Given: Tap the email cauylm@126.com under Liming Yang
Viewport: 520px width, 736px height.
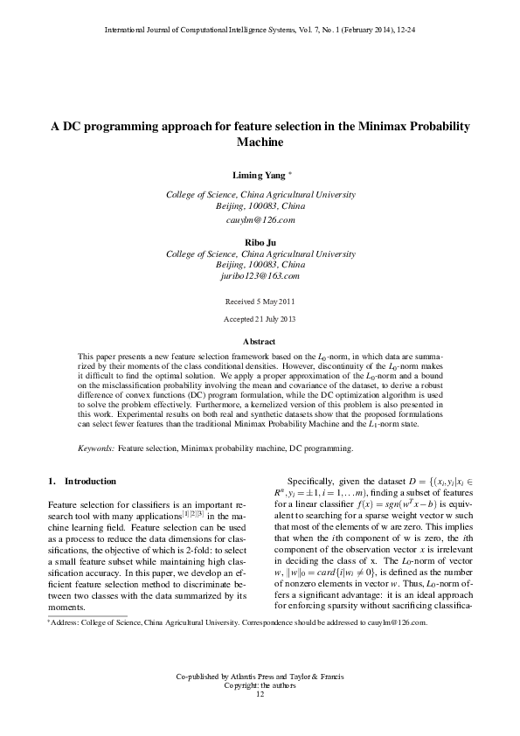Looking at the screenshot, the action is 260,220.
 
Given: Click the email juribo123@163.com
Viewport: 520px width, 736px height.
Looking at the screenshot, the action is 260,275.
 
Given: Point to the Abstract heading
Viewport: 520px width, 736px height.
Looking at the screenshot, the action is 260,341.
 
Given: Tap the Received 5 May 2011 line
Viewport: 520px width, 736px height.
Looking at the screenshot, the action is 260,301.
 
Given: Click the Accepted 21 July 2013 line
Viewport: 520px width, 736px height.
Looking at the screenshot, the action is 260,319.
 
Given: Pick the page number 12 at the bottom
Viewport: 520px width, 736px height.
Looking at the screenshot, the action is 260,719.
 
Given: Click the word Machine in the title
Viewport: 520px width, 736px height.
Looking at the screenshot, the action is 260,142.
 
